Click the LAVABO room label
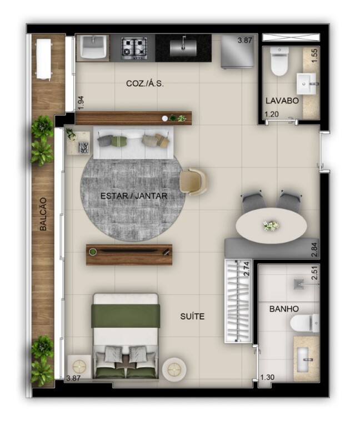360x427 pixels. click(x=282, y=101)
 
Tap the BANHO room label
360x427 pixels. click(x=284, y=309)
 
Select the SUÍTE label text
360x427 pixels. click(x=192, y=316)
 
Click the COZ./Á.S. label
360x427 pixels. click(x=145, y=83)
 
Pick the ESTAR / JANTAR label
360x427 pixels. click(x=134, y=196)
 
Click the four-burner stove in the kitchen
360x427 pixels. click(x=134, y=47)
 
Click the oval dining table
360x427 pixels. click(x=271, y=225)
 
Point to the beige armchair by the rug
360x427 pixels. click(x=193, y=181)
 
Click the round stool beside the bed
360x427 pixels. click(x=175, y=368)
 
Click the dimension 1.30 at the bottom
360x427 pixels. click(x=268, y=378)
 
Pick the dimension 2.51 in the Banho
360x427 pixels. click(x=314, y=274)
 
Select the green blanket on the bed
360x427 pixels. click(x=127, y=316)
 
